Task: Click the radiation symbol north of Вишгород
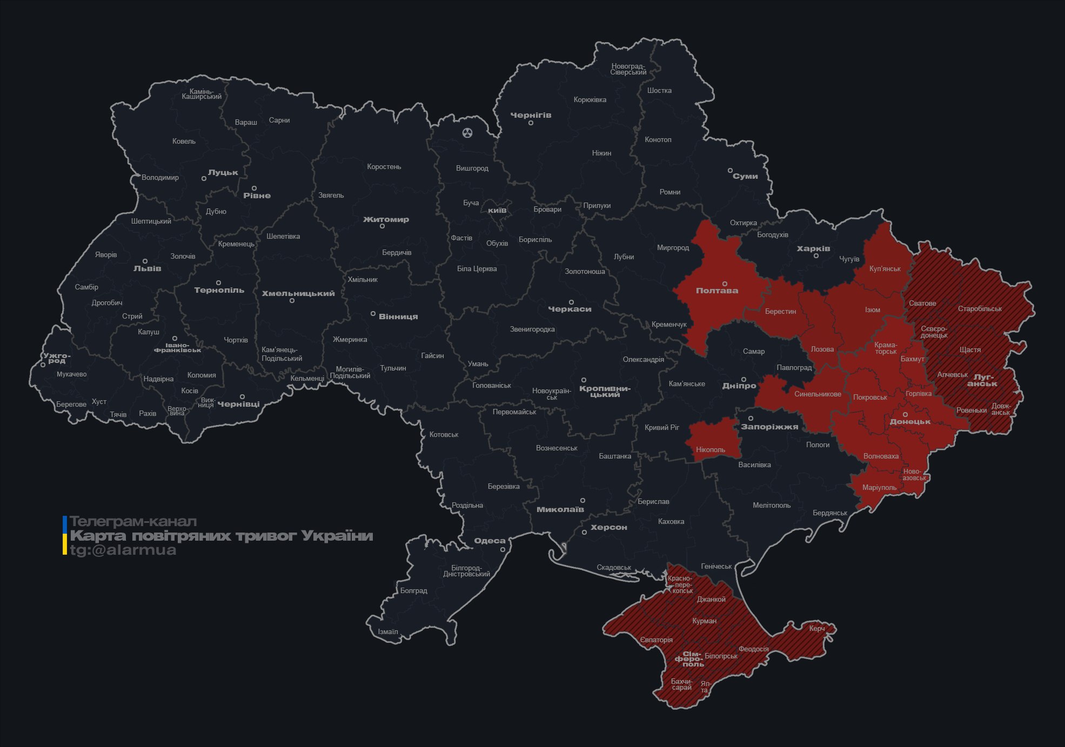(467, 132)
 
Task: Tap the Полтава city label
(716, 291)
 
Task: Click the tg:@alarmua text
(123, 550)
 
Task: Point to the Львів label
(147, 268)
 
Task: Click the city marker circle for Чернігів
(531, 123)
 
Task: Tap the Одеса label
(490, 541)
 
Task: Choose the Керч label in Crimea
(816, 628)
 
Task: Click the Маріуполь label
(879, 487)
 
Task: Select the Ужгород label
(56, 358)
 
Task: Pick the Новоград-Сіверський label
(628, 69)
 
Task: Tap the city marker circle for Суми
(730, 171)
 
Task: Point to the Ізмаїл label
(387, 631)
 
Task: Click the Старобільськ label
(980, 309)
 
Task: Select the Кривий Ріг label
(661, 427)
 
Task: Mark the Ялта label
(705, 687)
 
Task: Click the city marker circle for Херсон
(584, 533)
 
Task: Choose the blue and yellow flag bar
(65, 535)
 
